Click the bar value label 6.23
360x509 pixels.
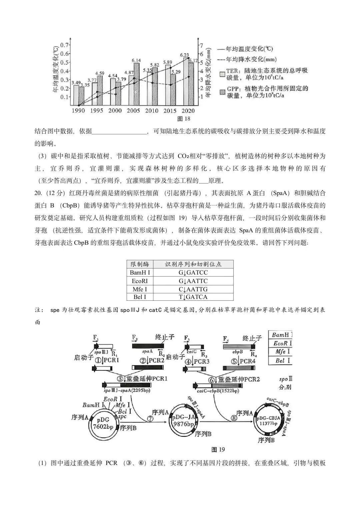coord(184,55)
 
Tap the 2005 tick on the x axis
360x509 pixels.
coord(133,111)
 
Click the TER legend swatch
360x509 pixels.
coord(222,74)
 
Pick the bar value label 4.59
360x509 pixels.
coord(100,73)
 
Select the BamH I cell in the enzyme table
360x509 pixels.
coord(140,273)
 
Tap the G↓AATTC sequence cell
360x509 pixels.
coord(193,281)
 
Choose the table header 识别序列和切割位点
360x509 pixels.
coord(193,264)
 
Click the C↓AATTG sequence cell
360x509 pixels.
coord(193,289)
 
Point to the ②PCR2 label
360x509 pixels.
coord(152,360)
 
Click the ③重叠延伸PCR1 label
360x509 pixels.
coord(142,379)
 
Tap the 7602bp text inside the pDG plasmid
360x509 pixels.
coord(103,427)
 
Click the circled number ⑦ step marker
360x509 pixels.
coord(150,419)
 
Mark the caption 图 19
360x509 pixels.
coord(218,450)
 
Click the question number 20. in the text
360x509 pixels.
coord(39,193)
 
